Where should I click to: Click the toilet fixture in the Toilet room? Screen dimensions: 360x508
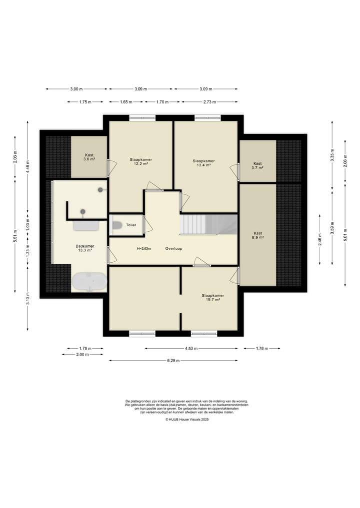pyautogui.click(x=116, y=225)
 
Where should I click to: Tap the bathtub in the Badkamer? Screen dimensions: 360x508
pyautogui.click(x=89, y=281)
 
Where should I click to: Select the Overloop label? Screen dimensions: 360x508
pyautogui.click(x=174, y=248)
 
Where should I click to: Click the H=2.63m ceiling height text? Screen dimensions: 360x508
pyautogui.click(x=144, y=248)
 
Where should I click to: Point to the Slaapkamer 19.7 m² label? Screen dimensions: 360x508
pyautogui.click(x=213, y=297)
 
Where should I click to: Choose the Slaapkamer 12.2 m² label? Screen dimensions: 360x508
pyautogui.click(x=141, y=161)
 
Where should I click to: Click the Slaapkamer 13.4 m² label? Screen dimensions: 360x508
pyautogui.click(x=203, y=163)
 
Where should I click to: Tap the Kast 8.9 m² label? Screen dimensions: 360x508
pyautogui.click(x=258, y=235)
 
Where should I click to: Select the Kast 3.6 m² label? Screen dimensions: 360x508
pyautogui.click(x=89, y=157)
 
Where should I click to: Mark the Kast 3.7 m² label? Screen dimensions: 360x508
pyautogui.click(x=257, y=165)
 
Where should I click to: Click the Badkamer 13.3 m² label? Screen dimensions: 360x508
pyautogui.click(x=85, y=248)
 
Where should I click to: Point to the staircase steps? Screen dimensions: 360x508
pyautogui.click(x=208, y=224)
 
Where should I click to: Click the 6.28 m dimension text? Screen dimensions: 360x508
pyautogui.click(x=173, y=360)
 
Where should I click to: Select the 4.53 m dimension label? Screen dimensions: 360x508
pyautogui.click(x=191, y=349)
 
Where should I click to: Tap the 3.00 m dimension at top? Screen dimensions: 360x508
pyautogui.click(x=76, y=89)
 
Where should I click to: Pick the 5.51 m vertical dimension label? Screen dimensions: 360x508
pyautogui.click(x=15, y=236)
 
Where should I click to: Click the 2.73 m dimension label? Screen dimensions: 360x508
pyautogui.click(x=209, y=102)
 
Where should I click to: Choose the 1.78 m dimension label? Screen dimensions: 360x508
pyautogui.click(x=262, y=349)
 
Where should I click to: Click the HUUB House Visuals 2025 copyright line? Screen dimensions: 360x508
pyautogui.click(x=187, y=419)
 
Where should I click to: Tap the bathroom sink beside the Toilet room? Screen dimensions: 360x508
pyautogui.click(x=86, y=225)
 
